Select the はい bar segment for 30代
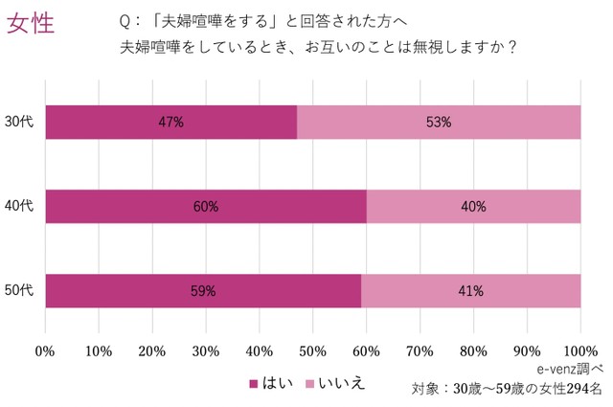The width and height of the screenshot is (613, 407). pos(115,122)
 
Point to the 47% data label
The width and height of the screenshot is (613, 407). pos(171,122)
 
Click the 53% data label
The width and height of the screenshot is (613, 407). pos(439,122)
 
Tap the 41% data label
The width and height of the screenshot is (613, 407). pos(470,290)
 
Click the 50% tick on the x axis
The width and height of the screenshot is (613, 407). pos(312,350)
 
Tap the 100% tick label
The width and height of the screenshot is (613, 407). pos(580,350)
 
